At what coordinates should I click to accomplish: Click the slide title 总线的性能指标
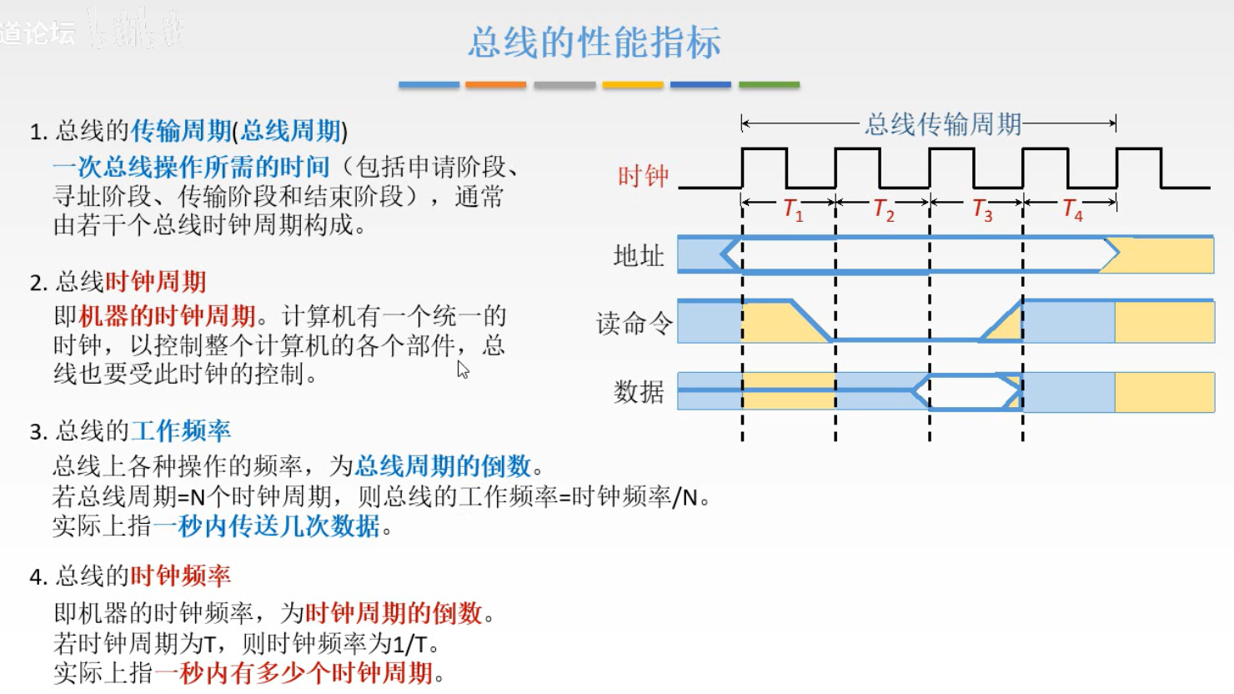[x=594, y=42]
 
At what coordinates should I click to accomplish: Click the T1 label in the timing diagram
[x=793, y=209]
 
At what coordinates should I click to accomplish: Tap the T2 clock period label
[x=883, y=209]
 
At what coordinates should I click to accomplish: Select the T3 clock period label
[x=981, y=209]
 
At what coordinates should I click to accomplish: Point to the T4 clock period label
[x=1072, y=209]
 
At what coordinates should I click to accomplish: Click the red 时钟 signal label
[x=643, y=176]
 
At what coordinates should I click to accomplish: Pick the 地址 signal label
[x=639, y=255]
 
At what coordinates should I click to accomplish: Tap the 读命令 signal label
[x=634, y=323]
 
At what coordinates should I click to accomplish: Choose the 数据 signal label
[x=639, y=391]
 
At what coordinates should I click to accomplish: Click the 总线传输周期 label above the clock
[x=943, y=124]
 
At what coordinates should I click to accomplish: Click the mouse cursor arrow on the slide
[x=463, y=370]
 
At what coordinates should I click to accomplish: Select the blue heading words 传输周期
[x=181, y=131]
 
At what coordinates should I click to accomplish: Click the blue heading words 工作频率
[x=181, y=431]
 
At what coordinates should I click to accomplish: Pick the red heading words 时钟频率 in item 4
[x=181, y=576]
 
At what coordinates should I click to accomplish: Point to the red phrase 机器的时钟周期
[x=167, y=316]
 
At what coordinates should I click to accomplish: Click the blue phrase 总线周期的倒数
[x=443, y=465]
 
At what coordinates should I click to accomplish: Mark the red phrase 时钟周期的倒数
[x=394, y=614]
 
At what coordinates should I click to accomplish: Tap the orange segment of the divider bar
[x=495, y=85]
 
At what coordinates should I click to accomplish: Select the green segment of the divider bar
[x=769, y=85]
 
